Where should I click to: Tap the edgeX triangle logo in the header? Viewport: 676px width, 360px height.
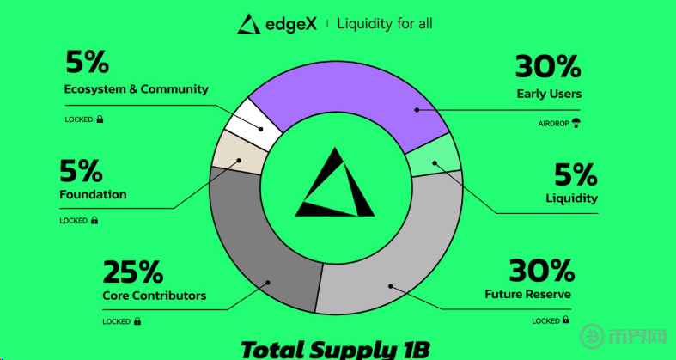click(249, 24)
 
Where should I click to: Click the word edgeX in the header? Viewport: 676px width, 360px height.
click(291, 24)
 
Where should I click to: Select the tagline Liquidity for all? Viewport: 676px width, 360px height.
click(385, 24)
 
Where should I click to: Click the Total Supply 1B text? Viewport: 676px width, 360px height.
click(335, 350)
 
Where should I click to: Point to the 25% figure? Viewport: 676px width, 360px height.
click(133, 272)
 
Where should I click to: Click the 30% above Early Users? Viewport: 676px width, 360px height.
click(548, 67)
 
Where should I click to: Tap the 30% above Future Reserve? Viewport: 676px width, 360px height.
click(542, 270)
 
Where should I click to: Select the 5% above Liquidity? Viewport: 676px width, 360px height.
click(576, 174)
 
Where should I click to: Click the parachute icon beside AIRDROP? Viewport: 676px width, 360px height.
click(576, 124)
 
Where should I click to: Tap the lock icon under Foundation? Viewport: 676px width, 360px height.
click(94, 220)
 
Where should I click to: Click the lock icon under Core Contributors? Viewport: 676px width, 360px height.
click(137, 321)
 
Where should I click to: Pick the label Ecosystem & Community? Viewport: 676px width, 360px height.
click(137, 89)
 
